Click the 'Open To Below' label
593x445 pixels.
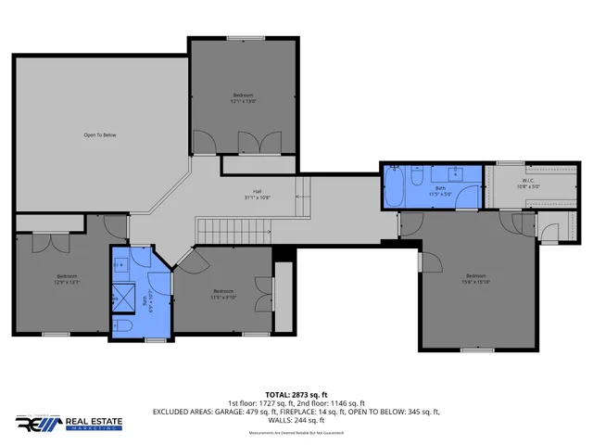[100, 135]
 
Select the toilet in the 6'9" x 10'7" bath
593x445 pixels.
[125, 326]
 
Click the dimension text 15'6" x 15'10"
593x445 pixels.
[476, 282]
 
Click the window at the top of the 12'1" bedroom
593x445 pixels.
[244, 38]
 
